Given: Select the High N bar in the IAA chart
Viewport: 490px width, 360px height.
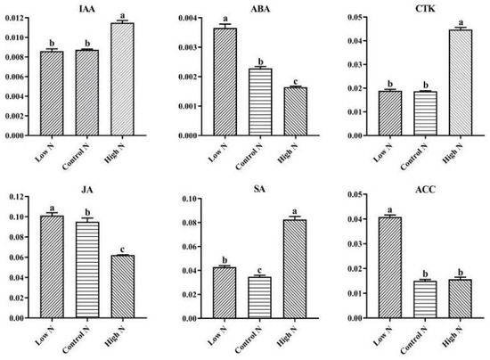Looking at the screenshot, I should coord(123,80).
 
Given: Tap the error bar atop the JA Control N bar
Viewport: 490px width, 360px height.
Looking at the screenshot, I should coord(87,220).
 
